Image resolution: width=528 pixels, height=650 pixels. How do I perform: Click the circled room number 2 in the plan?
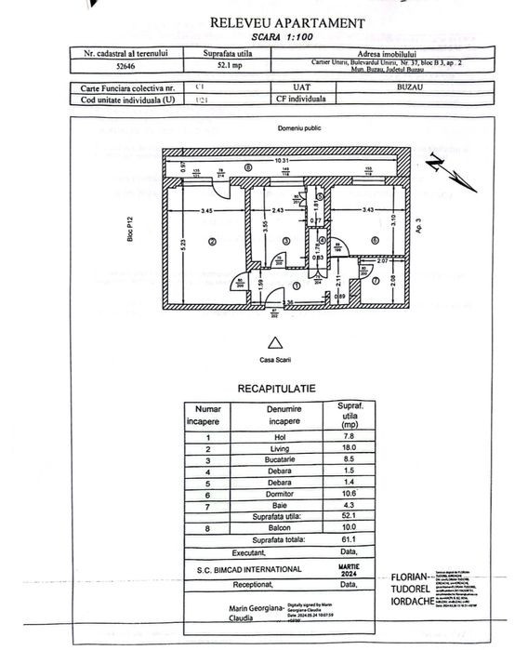(x=213, y=243)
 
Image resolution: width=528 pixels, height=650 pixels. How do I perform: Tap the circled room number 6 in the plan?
(x=375, y=240)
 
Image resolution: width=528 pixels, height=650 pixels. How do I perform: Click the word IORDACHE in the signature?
(x=425, y=600)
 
